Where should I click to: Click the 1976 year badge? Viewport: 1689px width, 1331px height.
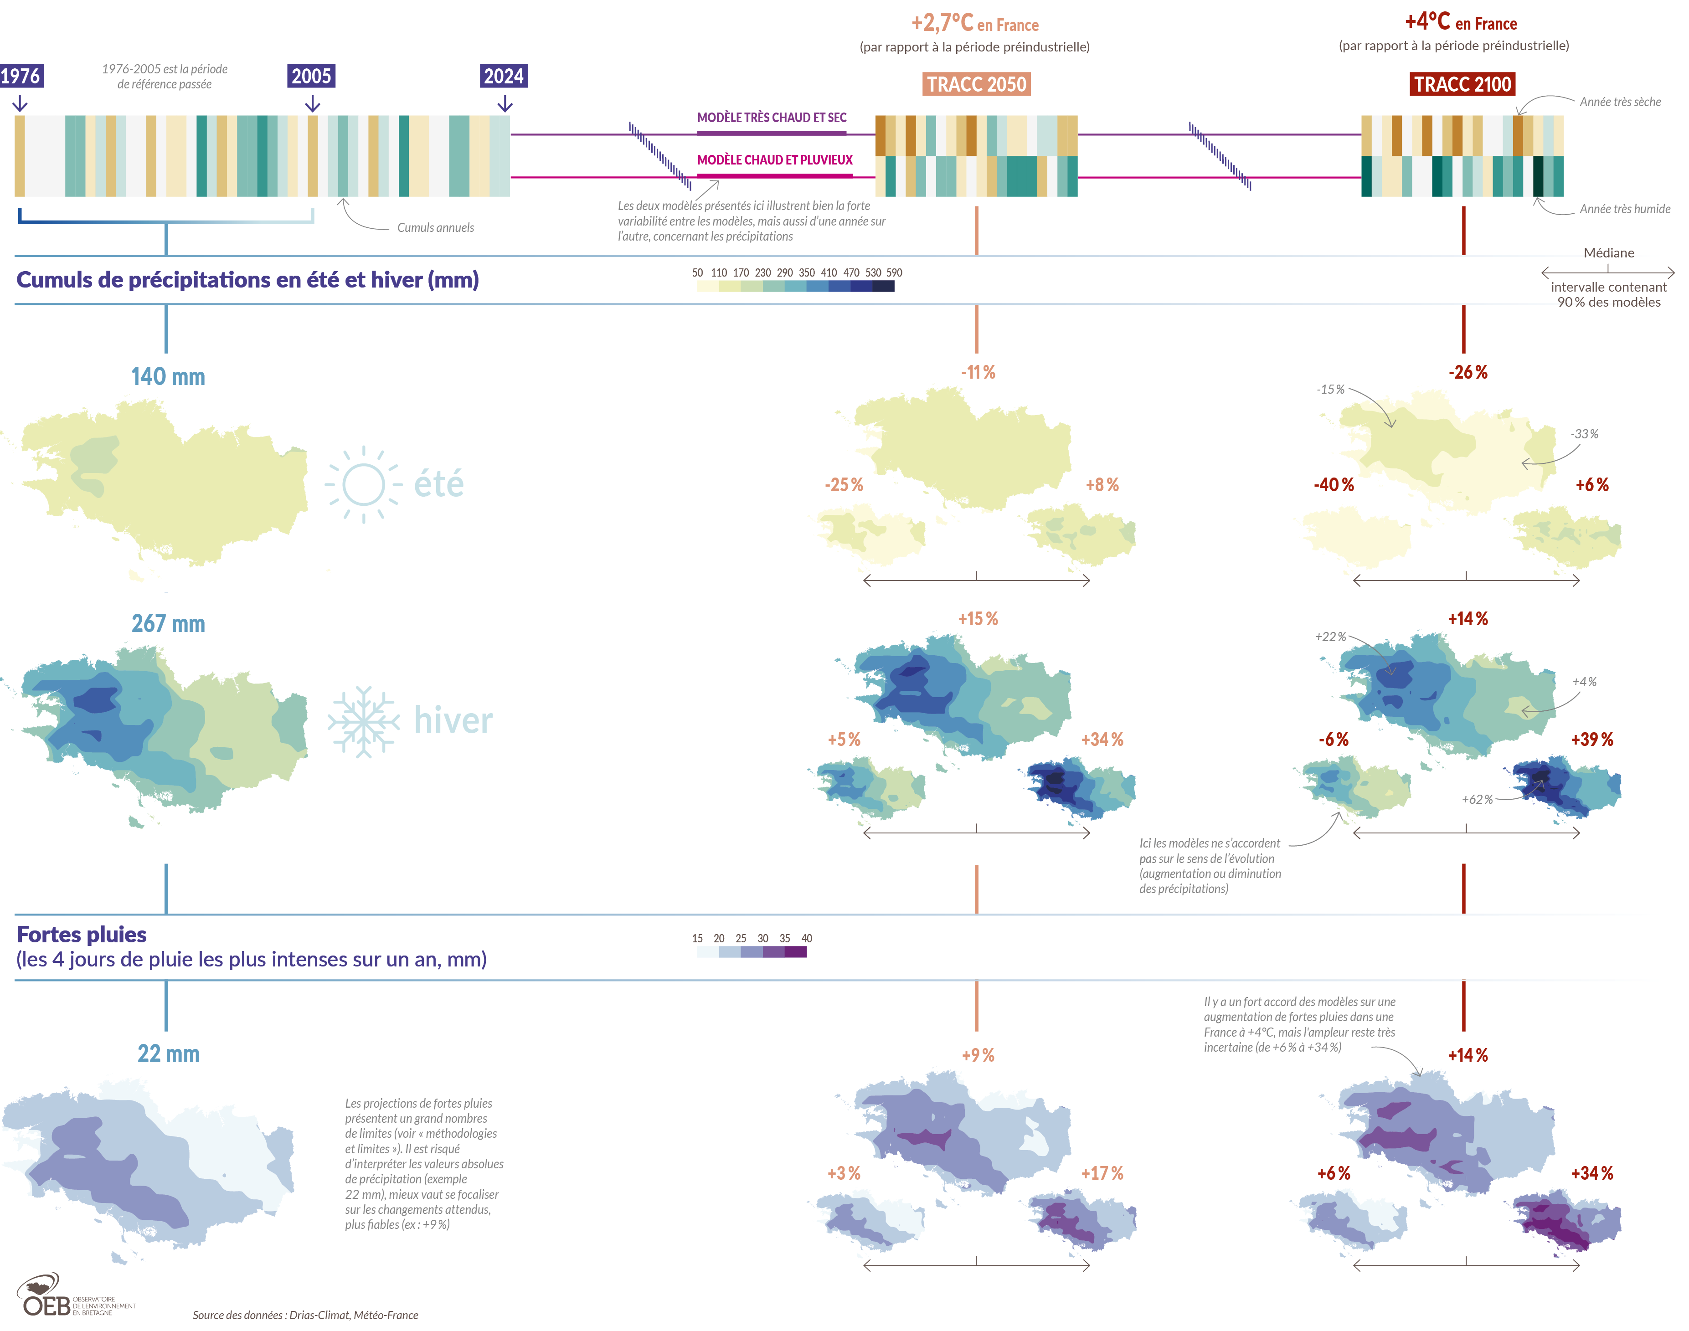pos(21,77)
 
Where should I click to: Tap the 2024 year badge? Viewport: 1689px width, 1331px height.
pos(504,77)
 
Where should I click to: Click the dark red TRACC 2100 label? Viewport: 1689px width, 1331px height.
pos(1462,84)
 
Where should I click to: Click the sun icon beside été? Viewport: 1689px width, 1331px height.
pos(363,485)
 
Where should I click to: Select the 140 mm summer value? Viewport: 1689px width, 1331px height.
pos(168,377)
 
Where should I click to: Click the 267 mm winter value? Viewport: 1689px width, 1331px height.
pos(168,624)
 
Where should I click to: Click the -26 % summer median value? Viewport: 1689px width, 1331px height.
pos(1468,372)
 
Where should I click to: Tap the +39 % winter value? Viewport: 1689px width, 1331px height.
pos(1591,740)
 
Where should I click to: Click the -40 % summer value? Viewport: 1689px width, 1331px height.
pos(1334,485)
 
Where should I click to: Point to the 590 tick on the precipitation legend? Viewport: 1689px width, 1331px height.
pos(894,273)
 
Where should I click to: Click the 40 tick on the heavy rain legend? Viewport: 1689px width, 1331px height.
pos(807,938)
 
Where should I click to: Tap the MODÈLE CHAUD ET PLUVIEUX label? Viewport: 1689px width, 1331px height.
pos(775,160)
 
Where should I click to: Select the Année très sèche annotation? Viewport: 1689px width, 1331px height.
pos(1620,102)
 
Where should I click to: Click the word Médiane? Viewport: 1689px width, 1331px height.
pos(1609,253)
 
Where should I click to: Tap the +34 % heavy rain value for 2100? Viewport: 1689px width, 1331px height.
pos(1591,1174)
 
